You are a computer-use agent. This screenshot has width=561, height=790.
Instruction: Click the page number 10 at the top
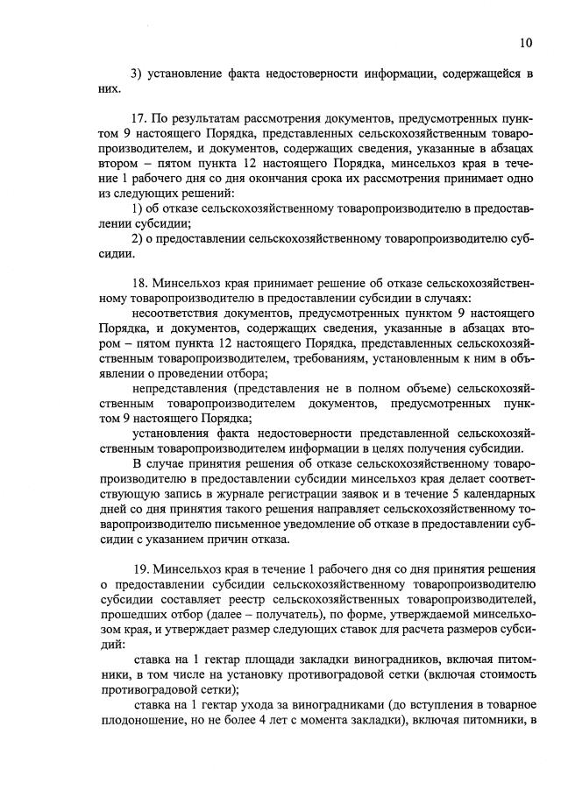click(524, 40)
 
